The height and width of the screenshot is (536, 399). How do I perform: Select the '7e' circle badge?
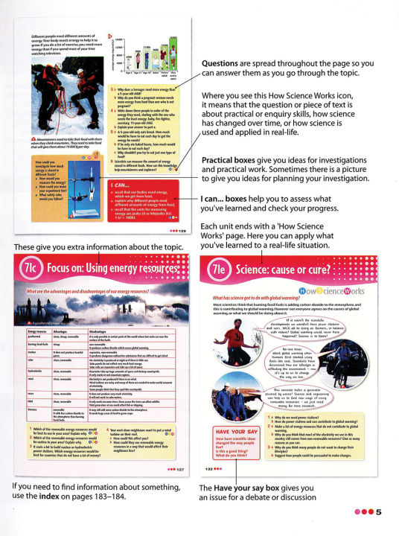(215, 269)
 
